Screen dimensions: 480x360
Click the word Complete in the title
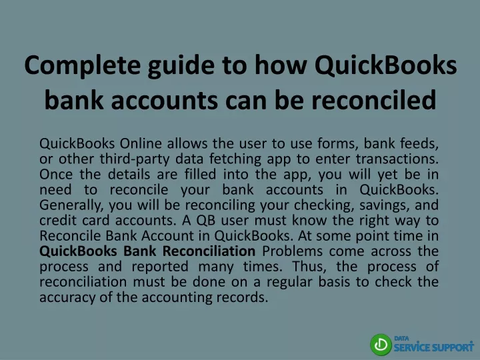pyautogui.click(x=83, y=66)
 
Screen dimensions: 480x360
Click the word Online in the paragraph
pyautogui.click(x=141, y=143)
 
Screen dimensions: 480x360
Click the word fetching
pyautogui.click(x=235, y=159)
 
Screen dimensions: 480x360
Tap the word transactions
pyautogui.click(x=397, y=159)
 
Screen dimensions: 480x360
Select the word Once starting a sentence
pyautogui.click(x=56, y=175)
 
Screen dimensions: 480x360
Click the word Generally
pyautogui.click(x=71, y=205)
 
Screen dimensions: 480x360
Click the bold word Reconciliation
pyautogui.click(x=209, y=251)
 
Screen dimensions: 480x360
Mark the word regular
pyautogui.click(x=289, y=282)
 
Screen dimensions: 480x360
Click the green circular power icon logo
pyautogui.click(x=381, y=345)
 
